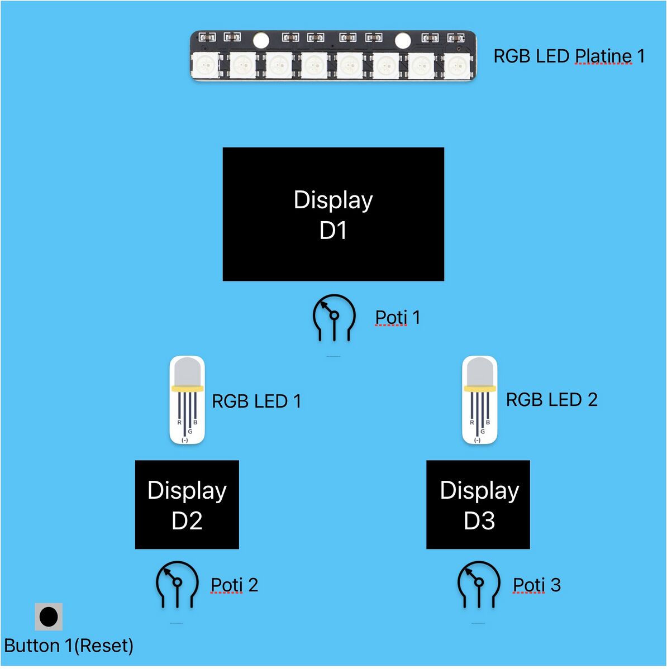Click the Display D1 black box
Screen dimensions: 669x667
333,214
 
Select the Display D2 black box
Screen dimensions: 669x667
187,504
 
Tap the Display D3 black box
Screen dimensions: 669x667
478,504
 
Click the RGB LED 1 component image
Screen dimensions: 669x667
187,400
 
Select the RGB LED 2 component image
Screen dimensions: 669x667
479,400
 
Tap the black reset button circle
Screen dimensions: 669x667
49,617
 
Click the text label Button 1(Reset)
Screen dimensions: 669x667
69,646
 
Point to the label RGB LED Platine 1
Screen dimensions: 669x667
569,56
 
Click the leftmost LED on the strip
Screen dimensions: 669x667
206,66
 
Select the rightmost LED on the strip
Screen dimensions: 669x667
457,66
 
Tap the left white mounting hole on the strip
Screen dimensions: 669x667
261,40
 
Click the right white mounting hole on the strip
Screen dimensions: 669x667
403,40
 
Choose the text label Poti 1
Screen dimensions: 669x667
397,317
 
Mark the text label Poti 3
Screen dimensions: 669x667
536,585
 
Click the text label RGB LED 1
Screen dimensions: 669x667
256,401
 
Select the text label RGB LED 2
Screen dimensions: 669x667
551,399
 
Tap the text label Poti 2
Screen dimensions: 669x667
234,585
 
